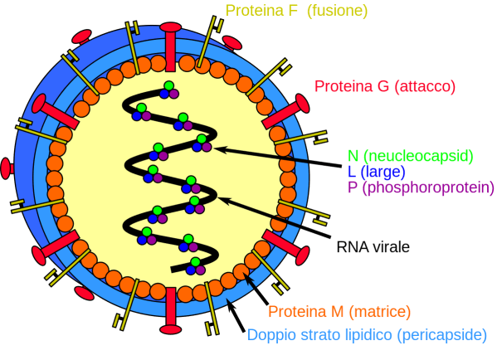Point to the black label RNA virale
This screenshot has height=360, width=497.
(x=373, y=247)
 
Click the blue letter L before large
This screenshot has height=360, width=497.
(x=352, y=172)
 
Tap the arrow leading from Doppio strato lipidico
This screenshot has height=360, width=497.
(x=236, y=315)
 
